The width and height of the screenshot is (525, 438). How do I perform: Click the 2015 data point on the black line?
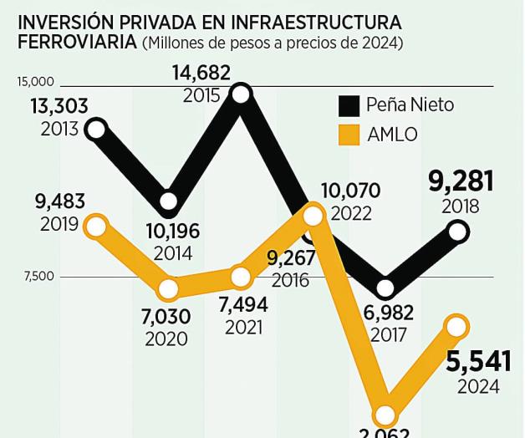241,94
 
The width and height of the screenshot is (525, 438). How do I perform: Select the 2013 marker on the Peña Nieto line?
96,129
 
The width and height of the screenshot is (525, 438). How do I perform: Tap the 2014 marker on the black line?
169,201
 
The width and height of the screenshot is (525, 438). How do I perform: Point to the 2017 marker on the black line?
385,288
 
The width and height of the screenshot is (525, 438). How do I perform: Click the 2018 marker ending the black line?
457,232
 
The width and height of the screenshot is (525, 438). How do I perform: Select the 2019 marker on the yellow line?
96,226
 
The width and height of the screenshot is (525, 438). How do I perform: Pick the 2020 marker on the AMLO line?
169,289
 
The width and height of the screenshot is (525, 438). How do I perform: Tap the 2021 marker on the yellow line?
241,277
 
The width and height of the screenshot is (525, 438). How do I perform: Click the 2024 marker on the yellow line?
457,326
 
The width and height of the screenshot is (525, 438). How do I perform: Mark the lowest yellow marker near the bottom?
385,415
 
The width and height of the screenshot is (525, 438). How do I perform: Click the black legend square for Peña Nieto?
349,106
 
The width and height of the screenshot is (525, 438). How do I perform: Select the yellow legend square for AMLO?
349,135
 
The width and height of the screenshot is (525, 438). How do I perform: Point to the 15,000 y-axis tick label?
35,82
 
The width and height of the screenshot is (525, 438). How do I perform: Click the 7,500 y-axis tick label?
38,277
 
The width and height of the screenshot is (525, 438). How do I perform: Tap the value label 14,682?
201,74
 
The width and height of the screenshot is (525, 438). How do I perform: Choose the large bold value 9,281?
461,181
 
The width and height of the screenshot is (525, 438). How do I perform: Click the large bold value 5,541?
478,362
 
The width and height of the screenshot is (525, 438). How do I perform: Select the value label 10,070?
350,191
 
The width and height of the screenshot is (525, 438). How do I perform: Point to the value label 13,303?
59,107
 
